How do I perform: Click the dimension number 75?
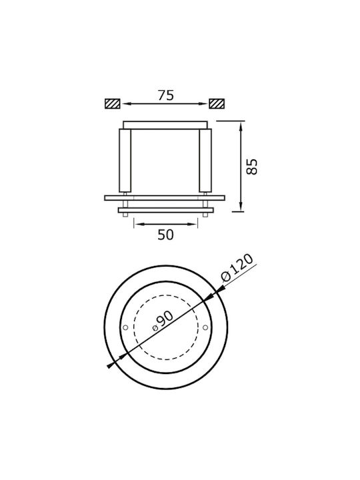(x=166, y=95)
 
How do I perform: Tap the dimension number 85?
(x=252, y=167)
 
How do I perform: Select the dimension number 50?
(x=165, y=235)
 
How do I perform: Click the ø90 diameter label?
(x=163, y=321)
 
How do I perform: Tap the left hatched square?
(x=113, y=104)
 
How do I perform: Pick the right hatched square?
(x=217, y=104)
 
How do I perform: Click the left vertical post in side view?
(x=125, y=161)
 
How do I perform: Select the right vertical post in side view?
(x=205, y=161)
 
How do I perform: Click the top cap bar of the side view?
(x=165, y=125)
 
